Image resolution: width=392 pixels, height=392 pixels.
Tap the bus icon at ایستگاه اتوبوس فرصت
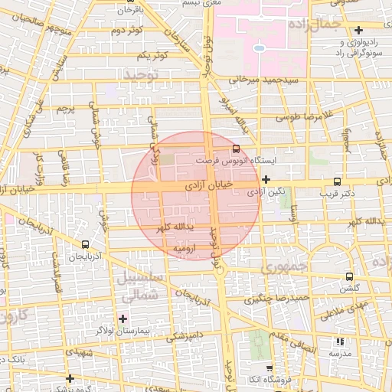(x=236, y=149)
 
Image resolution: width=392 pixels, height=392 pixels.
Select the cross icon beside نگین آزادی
(x=266, y=180)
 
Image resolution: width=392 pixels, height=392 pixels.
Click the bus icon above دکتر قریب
(x=338, y=182)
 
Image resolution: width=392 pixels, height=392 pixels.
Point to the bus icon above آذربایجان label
(x=85, y=245)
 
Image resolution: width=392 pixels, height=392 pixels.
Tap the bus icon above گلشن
(x=350, y=276)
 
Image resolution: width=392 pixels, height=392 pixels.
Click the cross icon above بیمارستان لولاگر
(x=122, y=318)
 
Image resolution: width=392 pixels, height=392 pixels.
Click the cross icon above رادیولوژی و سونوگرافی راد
(x=359, y=30)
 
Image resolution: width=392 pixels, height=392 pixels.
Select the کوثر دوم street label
(x=129, y=31)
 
